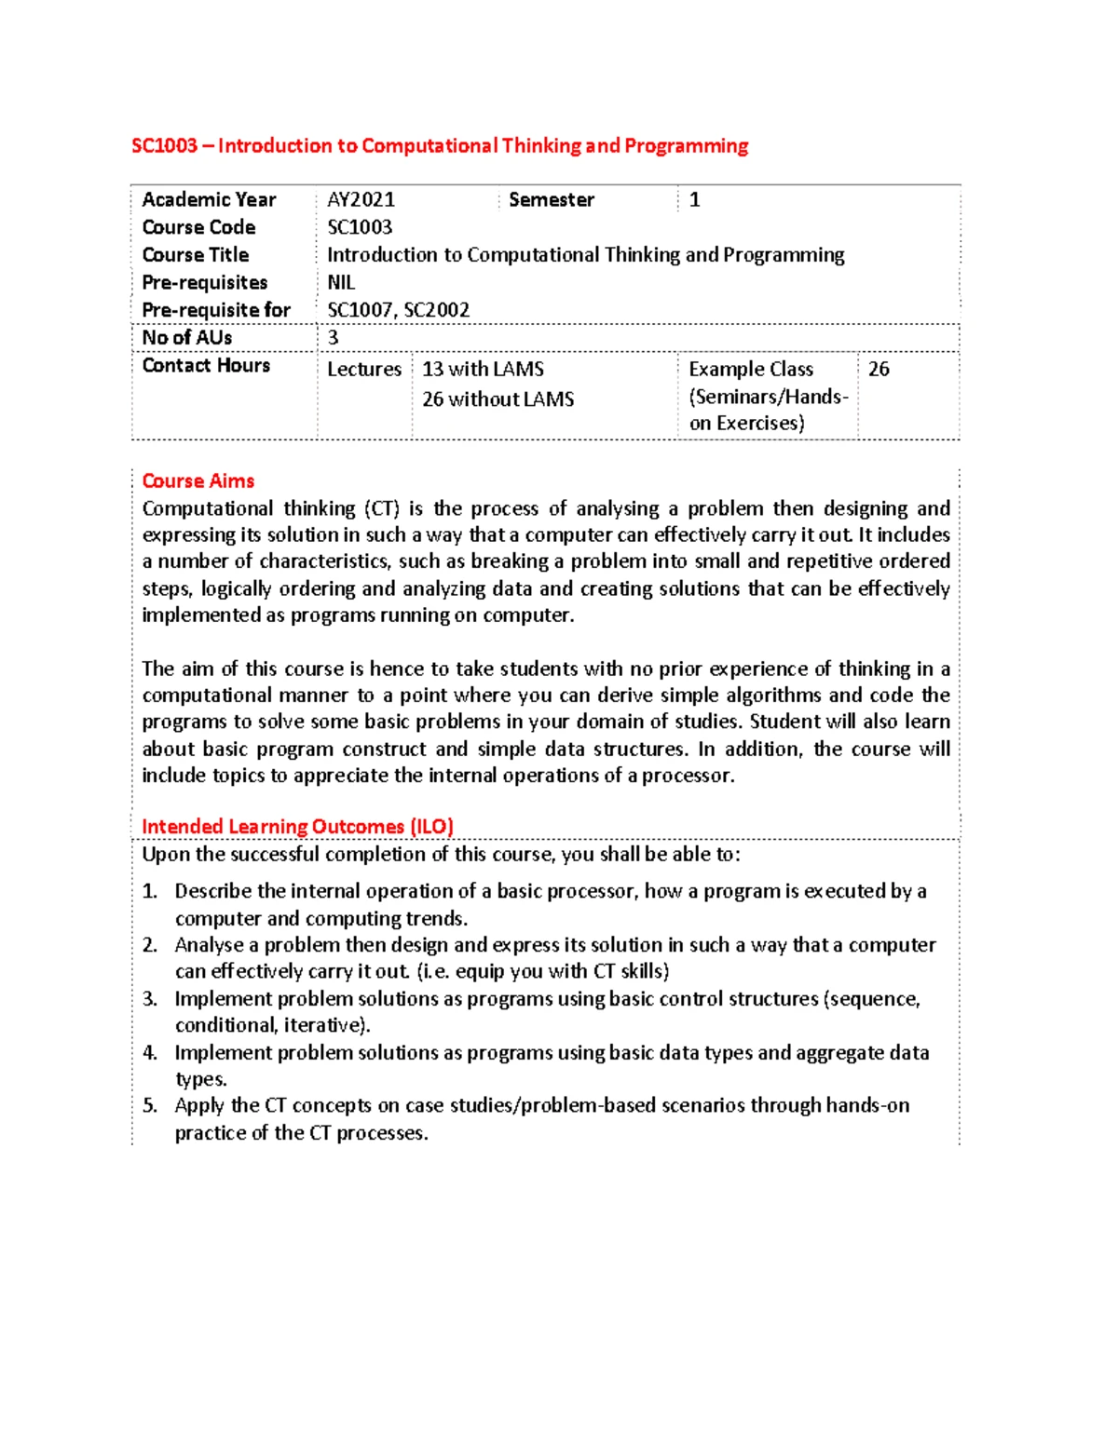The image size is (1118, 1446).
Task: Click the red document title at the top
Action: click(440, 146)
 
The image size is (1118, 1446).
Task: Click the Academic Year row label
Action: click(209, 199)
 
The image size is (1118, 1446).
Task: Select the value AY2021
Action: click(361, 199)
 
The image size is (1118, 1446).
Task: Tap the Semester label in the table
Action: click(552, 199)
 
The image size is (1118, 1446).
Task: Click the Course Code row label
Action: click(198, 227)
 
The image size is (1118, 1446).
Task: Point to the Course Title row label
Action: click(196, 254)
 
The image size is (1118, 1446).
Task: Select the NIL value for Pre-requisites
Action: click(341, 282)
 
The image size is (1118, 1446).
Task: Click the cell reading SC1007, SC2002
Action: click(399, 310)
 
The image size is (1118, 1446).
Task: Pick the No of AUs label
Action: click(187, 337)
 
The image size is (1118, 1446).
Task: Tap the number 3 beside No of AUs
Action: click(334, 337)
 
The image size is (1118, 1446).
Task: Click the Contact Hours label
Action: click(206, 365)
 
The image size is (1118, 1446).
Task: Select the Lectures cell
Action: click(364, 369)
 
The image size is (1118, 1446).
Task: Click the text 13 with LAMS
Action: click(484, 369)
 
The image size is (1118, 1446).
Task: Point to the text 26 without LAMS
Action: click(498, 399)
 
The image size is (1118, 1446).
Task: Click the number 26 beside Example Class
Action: click(879, 369)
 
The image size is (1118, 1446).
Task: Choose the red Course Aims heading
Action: click(198, 480)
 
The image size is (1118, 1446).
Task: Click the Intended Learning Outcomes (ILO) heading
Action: click(297, 827)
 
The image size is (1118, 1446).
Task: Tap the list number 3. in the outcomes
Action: click(150, 999)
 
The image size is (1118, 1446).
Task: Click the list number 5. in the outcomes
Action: click(150, 1106)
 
